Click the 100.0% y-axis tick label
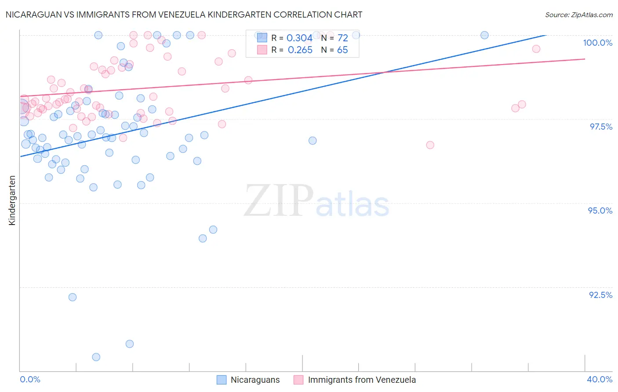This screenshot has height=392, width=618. click(x=597, y=43)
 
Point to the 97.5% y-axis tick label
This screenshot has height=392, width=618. click(x=600, y=127)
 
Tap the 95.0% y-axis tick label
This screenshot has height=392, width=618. click(x=600, y=211)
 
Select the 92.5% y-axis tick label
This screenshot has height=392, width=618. click(x=600, y=295)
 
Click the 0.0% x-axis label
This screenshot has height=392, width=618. click(x=30, y=379)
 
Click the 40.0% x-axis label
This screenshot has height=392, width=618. click(x=599, y=379)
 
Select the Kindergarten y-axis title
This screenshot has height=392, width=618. click(x=12, y=200)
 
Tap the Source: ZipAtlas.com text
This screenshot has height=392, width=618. click(x=578, y=15)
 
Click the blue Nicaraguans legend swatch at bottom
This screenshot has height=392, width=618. click(x=222, y=380)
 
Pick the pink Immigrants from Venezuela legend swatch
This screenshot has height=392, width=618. click(x=298, y=380)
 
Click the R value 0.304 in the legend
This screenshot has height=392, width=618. click(x=299, y=38)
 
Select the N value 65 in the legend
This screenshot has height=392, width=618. click(x=342, y=50)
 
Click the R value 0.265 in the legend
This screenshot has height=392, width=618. click(x=300, y=50)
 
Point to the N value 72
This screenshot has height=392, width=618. click(x=343, y=38)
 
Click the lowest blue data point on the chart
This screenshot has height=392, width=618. click(x=96, y=357)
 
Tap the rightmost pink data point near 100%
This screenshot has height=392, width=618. click(x=536, y=49)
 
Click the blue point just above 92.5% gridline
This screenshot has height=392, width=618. click(x=73, y=297)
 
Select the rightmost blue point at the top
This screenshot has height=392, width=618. click(x=484, y=35)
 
